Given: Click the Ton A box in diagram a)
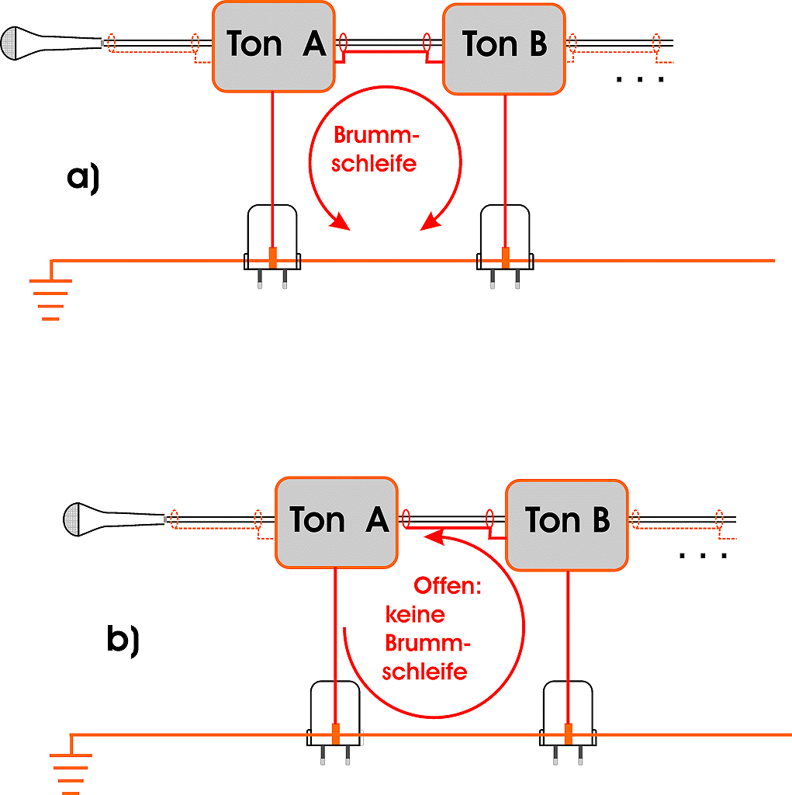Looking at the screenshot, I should (273, 46).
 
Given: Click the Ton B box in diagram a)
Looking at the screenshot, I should (504, 48).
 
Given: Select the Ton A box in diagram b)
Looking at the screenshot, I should (337, 522).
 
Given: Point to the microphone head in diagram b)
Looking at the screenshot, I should (76, 519).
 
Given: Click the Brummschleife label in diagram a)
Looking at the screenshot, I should (376, 149).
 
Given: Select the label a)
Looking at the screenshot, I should (84, 178).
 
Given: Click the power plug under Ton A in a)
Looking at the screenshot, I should (272, 245).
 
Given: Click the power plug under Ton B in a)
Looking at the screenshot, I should (505, 245).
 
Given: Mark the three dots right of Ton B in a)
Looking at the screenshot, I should (640, 79).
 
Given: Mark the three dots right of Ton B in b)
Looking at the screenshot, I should (703, 555).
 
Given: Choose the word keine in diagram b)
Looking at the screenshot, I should (416, 615).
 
